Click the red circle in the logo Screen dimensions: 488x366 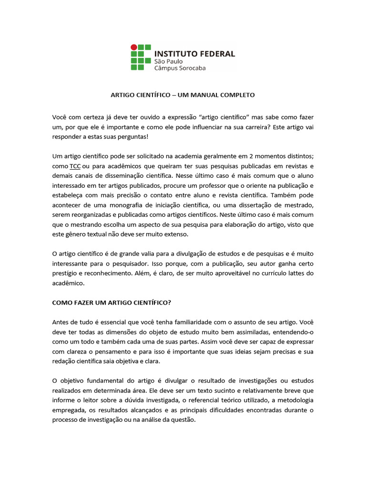(134, 47)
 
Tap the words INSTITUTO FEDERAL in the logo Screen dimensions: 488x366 (194, 54)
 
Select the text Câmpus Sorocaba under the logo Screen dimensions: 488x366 (181, 69)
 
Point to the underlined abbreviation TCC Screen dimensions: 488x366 (75, 166)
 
